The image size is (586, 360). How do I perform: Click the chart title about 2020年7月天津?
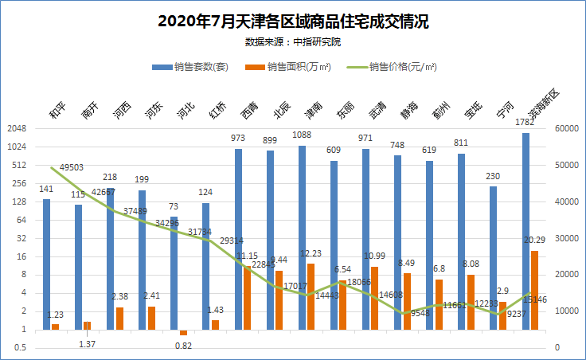[x=293, y=21]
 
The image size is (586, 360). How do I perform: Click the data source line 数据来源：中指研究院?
[x=293, y=41]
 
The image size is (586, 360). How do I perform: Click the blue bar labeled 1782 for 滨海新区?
[x=525, y=231]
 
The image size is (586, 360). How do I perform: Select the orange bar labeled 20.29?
[x=535, y=290]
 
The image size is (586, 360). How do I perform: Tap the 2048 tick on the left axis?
[x=17, y=129]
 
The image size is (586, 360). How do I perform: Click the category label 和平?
[x=57, y=110]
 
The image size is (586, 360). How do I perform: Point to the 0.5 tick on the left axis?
[x=20, y=348]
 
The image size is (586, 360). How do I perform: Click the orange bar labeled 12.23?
[x=311, y=296]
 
